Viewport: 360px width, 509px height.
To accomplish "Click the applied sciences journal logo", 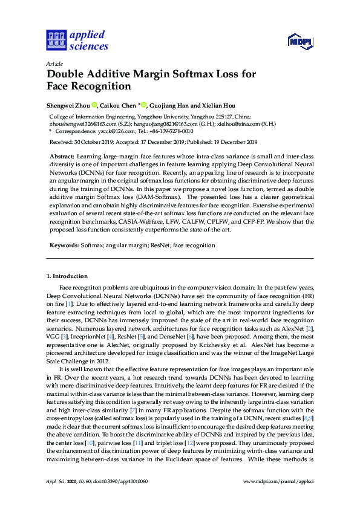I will (x=77, y=40).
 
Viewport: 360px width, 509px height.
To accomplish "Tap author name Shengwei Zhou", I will (x=68, y=105).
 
